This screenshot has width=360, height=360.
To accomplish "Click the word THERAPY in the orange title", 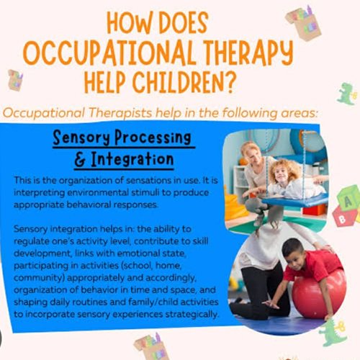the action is pyautogui.click(x=249, y=52).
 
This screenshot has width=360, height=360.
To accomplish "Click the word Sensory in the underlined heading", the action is pyautogui.click(x=81, y=138).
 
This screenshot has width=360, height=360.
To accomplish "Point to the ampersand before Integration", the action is pyautogui.click(x=81, y=160).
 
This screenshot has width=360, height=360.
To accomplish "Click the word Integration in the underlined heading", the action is pyautogui.click(x=132, y=160).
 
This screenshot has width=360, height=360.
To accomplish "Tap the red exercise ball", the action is pyautogui.click(x=319, y=294).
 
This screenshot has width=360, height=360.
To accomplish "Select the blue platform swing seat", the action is pyautogui.click(x=296, y=201).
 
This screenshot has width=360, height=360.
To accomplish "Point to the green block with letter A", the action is pyautogui.click(x=348, y=198).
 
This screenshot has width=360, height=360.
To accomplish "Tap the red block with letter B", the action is pyautogui.click(x=343, y=217).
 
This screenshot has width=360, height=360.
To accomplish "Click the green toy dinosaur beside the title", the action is pyautogui.click(x=346, y=94).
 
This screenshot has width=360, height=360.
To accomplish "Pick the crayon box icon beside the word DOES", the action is pyautogui.click(x=304, y=22).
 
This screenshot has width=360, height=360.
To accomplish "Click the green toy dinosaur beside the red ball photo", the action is pyautogui.click(x=333, y=332).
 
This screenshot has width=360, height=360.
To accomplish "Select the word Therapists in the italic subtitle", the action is pyautogui.click(x=121, y=113).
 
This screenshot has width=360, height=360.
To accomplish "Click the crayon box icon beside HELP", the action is pyautogui.click(x=15, y=80).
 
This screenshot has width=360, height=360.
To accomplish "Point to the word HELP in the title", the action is pyautogui.click(x=105, y=82).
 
